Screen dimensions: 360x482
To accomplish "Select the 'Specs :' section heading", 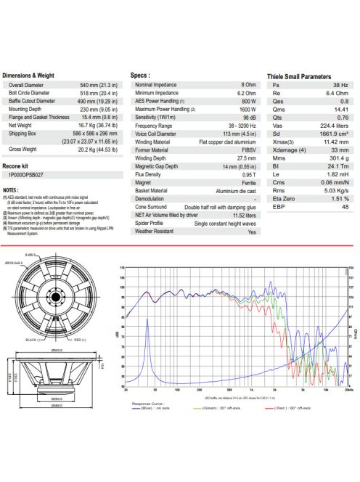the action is click(140, 75).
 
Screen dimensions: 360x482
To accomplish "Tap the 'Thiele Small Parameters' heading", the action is click(299, 75).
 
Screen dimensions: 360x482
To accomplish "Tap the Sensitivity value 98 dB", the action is click(249, 116).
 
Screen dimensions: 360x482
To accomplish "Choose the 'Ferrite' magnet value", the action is click(249, 183).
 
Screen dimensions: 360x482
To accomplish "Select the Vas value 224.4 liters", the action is click(334, 124).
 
